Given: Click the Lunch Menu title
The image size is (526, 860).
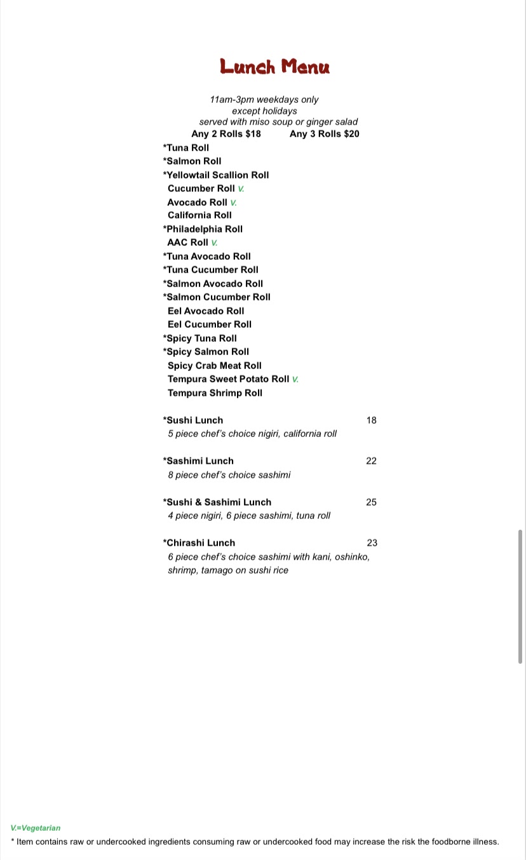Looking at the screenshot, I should click(x=275, y=67).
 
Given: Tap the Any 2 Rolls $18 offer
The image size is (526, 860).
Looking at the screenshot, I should click(x=226, y=134).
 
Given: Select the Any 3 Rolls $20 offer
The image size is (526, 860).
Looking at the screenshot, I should click(x=324, y=134).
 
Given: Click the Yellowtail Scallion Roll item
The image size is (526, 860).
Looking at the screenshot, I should click(x=216, y=175).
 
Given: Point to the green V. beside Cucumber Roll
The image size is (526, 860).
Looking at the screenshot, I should click(x=241, y=189).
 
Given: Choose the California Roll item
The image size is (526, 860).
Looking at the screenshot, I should click(x=199, y=215).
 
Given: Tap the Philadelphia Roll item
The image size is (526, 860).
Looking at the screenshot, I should click(x=203, y=229).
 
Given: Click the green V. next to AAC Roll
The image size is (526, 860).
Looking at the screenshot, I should click(x=215, y=243).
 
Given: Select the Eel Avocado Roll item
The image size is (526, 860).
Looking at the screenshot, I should click(x=206, y=311).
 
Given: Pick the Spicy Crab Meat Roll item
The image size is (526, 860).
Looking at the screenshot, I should click(x=215, y=366).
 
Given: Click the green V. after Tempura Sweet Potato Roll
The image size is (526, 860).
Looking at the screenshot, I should click(x=295, y=379).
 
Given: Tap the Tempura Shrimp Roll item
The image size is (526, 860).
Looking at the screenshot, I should click(x=215, y=393).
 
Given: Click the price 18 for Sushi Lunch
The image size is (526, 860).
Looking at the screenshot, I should click(x=372, y=420).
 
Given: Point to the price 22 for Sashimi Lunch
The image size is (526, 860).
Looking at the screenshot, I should click(x=372, y=461).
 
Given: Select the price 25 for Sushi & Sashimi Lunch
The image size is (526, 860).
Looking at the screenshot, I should click(x=372, y=502).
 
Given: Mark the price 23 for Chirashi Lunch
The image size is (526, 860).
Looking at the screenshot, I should click(x=372, y=543).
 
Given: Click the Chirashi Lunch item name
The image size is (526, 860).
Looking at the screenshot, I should click(x=199, y=543).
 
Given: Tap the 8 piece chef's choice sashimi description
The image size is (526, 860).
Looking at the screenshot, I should click(x=229, y=475).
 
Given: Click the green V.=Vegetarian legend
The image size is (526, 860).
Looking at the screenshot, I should click(x=36, y=828).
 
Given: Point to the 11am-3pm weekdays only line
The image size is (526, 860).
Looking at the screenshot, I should click(x=264, y=100).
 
